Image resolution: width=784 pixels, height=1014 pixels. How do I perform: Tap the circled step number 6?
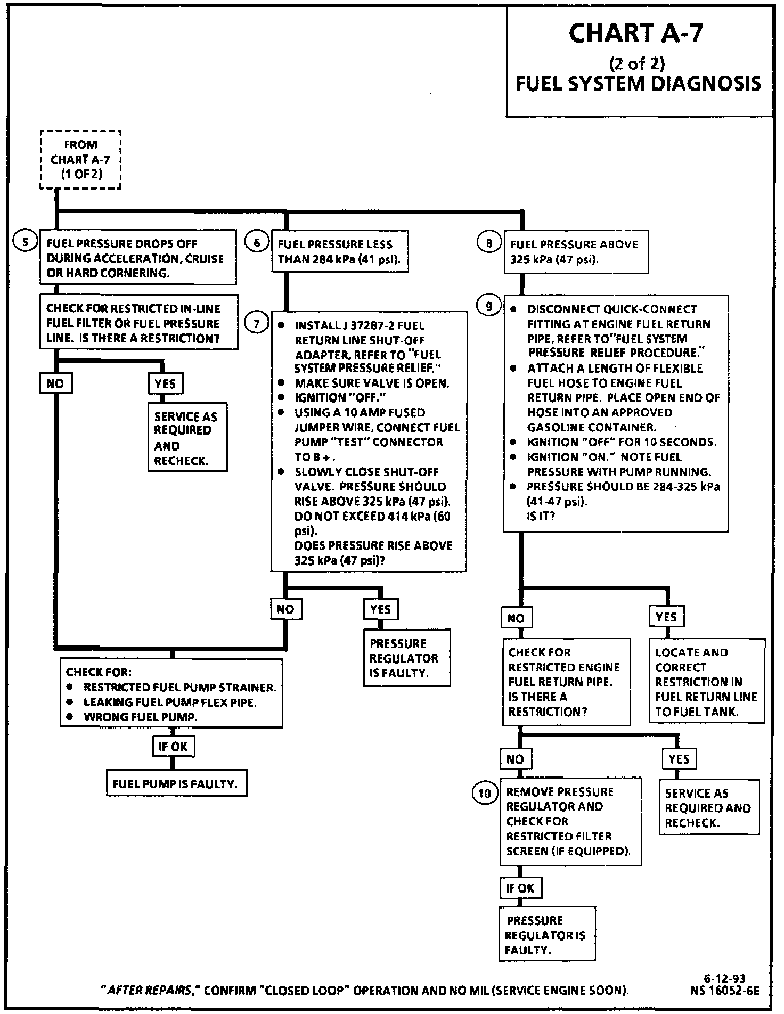point(257,243)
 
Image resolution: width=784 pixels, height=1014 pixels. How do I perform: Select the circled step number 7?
point(257,323)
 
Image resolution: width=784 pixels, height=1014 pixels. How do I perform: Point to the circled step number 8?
point(489,243)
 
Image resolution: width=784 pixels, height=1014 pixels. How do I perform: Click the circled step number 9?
point(489,306)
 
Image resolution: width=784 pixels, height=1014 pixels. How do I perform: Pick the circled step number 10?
point(485,794)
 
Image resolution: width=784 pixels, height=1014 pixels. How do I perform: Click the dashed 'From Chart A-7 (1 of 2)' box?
point(80,159)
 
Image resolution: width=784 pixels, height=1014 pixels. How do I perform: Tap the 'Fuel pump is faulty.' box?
point(176,784)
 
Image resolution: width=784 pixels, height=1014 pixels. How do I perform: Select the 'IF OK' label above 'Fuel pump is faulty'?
point(173,747)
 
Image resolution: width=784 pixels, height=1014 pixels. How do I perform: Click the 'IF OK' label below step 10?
point(520,888)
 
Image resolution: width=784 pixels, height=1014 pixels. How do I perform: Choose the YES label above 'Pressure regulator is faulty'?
point(380,609)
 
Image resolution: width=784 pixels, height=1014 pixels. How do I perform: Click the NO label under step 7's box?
point(286,609)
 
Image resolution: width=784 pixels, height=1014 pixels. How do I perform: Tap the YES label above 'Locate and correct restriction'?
point(666,617)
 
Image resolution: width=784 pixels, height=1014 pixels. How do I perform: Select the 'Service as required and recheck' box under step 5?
point(187,437)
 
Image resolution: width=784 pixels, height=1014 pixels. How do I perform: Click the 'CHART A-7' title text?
point(636,33)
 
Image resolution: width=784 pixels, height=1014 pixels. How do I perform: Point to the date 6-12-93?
point(724,978)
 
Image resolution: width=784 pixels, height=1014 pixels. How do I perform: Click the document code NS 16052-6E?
point(724,990)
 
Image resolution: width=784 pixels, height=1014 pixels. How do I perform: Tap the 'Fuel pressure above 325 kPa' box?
point(576,252)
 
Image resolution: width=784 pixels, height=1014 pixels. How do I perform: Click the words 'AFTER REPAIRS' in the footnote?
point(150,991)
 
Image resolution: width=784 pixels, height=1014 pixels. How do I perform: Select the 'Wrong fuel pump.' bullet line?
point(140,717)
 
